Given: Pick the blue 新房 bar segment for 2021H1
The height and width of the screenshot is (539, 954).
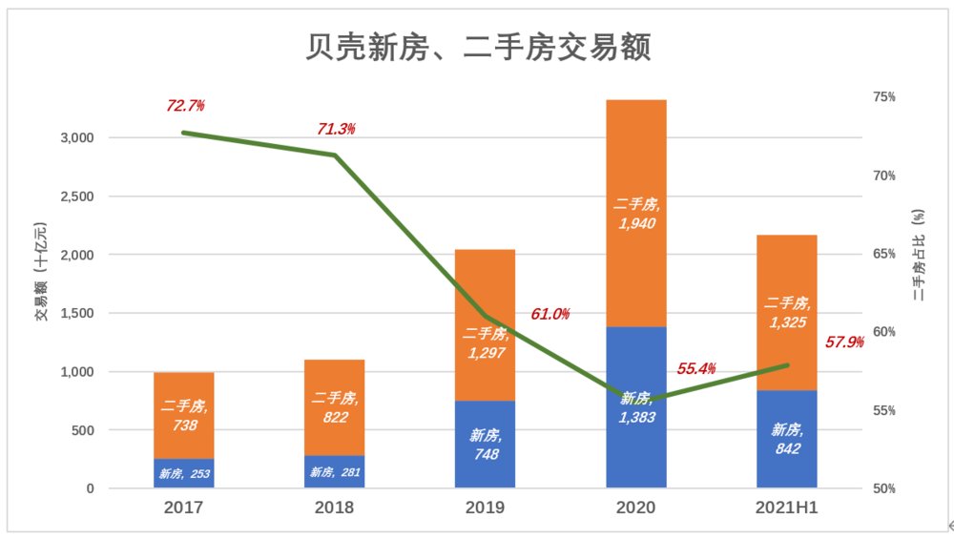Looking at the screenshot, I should [x=787, y=467].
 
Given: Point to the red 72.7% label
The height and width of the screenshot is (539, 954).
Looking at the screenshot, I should [x=185, y=104].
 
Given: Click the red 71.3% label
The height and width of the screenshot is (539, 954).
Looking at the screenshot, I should [x=336, y=129].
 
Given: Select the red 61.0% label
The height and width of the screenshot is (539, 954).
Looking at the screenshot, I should [x=550, y=314].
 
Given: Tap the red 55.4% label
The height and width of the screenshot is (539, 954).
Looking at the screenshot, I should [x=696, y=368].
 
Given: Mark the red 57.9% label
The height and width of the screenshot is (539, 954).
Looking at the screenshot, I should [x=844, y=341].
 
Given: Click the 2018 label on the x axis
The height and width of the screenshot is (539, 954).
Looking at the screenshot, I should [x=334, y=508].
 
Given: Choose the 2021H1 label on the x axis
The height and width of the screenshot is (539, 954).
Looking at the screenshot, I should [x=787, y=508].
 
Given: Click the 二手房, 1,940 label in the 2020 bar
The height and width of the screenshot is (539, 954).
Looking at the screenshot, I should [x=636, y=214].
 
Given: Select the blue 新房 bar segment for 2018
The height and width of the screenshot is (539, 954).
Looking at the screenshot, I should [x=335, y=472].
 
